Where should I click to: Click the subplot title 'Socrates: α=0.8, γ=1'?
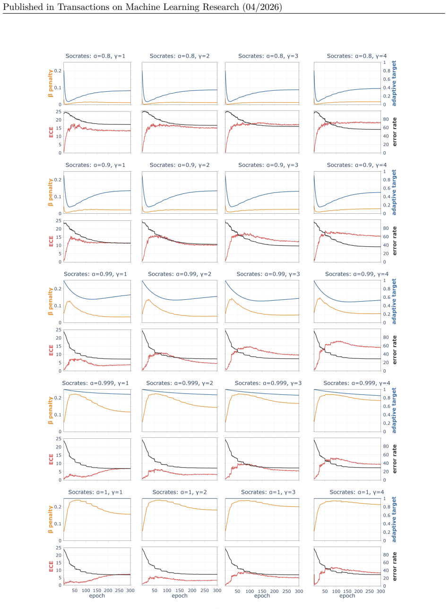95,56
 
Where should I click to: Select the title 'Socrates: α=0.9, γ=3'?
268,165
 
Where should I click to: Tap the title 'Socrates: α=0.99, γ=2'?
180,274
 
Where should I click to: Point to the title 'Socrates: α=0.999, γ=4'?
357,383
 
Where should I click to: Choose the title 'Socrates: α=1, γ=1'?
95,492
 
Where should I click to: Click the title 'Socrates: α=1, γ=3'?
268,492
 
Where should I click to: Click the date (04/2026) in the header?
262,7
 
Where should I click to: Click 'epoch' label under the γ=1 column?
97,596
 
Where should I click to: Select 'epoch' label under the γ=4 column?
347,596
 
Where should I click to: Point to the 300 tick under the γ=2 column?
217,591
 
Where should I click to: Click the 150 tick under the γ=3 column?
262,592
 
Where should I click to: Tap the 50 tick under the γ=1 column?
75,591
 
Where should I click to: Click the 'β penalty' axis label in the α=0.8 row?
50,84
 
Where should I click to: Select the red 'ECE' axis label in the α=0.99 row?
51,350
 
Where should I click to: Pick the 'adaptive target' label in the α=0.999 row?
394,410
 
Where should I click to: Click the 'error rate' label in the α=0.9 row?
395,241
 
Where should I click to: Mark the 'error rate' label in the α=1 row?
395,566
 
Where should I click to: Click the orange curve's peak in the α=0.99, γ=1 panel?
69,301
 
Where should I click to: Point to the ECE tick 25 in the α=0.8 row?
59,112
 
